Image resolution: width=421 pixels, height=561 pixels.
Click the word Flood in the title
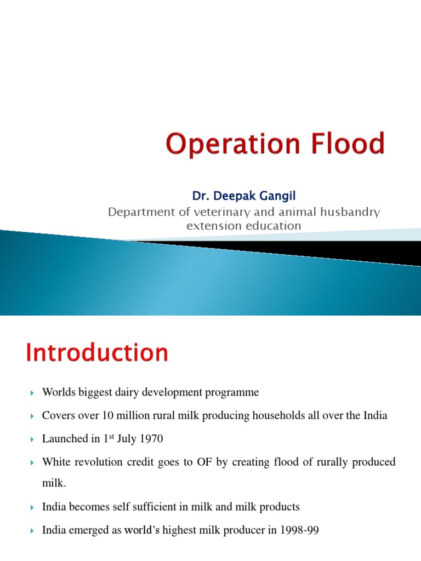(x=345, y=144)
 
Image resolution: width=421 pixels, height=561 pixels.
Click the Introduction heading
(x=97, y=353)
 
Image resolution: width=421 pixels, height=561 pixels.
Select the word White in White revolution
(x=55, y=462)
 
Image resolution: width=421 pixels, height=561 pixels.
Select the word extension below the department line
(x=210, y=225)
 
